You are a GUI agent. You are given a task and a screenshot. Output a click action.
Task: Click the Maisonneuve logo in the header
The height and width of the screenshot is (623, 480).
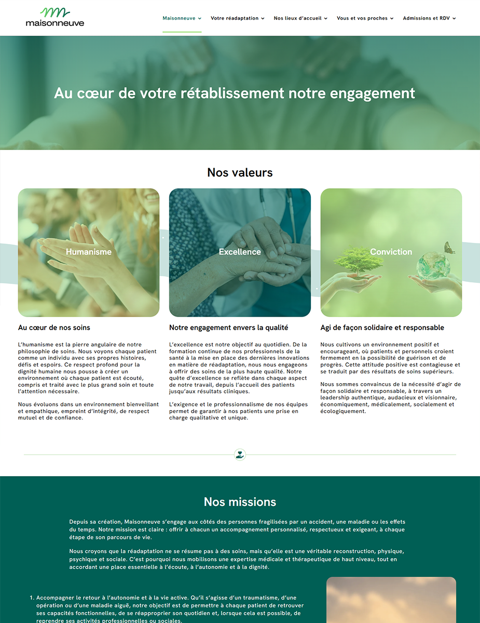coord(54,17)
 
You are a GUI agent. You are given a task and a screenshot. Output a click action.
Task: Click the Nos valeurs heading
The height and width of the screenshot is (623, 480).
coord(240,172)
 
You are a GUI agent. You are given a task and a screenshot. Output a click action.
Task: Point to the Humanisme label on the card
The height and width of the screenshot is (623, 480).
coord(89,252)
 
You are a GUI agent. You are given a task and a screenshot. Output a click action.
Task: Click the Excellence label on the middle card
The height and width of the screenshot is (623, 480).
coord(240,252)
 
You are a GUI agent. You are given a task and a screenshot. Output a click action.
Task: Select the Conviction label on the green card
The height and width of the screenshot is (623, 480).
coord(391,252)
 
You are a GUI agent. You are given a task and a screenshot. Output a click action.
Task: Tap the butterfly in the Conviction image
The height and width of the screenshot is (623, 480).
coord(449,248)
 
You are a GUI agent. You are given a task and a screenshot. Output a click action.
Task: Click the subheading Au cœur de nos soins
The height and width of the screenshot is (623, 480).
coord(54,328)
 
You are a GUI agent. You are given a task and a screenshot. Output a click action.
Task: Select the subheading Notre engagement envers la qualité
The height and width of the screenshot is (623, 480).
coord(228,328)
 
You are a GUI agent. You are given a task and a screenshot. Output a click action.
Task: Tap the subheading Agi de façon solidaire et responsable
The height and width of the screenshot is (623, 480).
coord(382,328)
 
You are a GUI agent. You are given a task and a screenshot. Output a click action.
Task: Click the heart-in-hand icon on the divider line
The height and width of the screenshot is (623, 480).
coord(240,455)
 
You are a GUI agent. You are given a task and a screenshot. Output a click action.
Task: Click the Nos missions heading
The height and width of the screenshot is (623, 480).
coord(240,502)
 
